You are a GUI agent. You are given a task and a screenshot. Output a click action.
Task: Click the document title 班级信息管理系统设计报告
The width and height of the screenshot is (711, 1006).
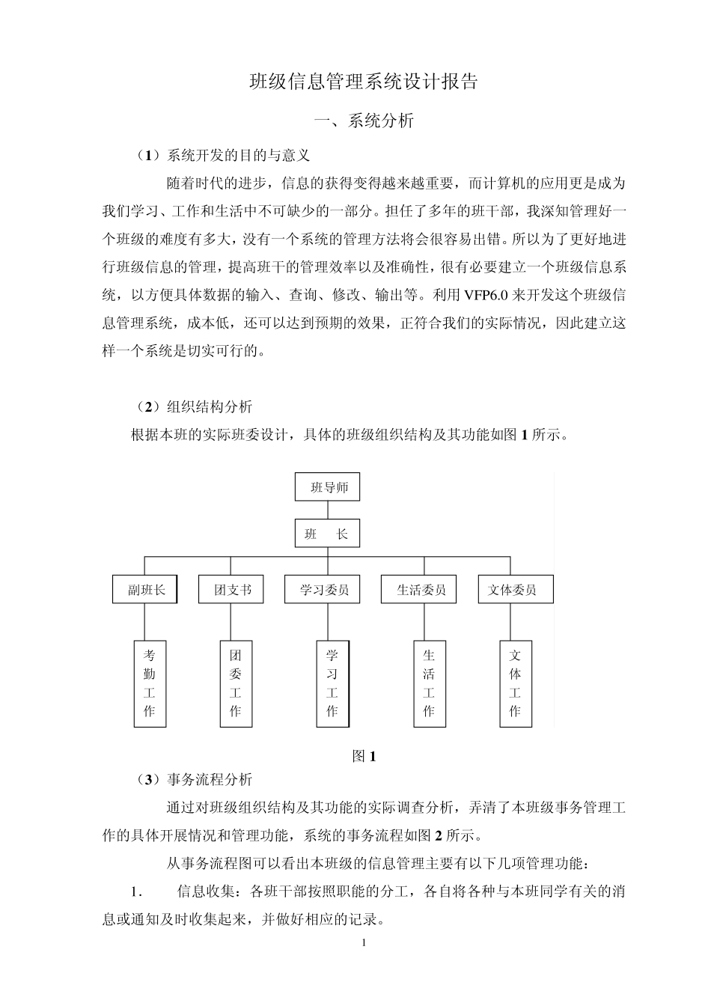pyautogui.click(x=363, y=82)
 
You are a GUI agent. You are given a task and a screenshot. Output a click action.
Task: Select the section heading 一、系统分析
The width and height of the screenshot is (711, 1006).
pyautogui.click(x=363, y=121)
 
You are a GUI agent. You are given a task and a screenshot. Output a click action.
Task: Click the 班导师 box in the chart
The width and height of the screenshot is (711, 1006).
pyautogui.click(x=327, y=487)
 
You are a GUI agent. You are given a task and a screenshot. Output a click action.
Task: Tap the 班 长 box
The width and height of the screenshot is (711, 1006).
pyautogui.click(x=327, y=534)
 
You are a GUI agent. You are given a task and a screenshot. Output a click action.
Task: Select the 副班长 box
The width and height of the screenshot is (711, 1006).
pyautogui.click(x=144, y=590)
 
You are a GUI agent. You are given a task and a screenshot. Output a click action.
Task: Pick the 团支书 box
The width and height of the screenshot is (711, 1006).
pyautogui.click(x=231, y=590)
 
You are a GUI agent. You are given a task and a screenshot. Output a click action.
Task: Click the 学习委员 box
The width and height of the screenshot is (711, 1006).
pyautogui.click(x=324, y=590)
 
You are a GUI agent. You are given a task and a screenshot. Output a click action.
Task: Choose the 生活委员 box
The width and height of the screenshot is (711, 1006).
pyautogui.click(x=422, y=590)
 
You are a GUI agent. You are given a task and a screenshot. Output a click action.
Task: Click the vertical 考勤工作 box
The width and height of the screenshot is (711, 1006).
pyautogui.click(x=150, y=683)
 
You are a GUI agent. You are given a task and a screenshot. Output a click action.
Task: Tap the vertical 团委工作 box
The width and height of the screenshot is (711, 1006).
pyautogui.click(x=236, y=683)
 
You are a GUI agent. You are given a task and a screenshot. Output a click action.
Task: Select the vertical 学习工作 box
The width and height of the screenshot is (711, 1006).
pyautogui.click(x=332, y=683)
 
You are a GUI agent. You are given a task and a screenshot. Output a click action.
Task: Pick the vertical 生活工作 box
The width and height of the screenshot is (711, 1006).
pyautogui.click(x=429, y=683)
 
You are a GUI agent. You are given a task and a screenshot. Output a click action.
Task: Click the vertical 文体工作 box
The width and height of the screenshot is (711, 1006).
pyautogui.click(x=515, y=683)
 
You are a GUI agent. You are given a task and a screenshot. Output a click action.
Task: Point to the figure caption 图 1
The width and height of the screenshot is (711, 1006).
pyautogui.click(x=364, y=756)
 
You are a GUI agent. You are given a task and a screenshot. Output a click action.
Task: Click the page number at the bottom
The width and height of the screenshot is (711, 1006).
pyautogui.click(x=364, y=942)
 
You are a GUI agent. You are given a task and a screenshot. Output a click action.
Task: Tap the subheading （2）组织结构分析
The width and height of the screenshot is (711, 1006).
pyautogui.click(x=193, y=406)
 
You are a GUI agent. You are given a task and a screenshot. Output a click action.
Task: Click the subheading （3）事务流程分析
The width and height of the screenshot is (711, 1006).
pyautogui.click(x=193, y=779)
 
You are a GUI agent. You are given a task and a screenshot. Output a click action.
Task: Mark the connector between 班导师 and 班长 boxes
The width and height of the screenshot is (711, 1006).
pyautogui.click(x=327, y=510)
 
